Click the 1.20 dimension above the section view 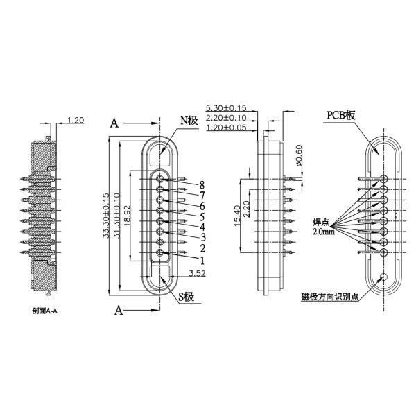coord(77,120)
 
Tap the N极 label coord(190,121)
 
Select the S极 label coord(189,297)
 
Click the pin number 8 coord(202,184)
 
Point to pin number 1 coord(202,261)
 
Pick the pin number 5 coord(202,216)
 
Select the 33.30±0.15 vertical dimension coord(106,215)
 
